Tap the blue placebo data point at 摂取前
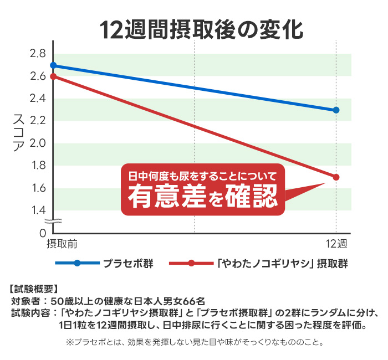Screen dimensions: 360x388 53,65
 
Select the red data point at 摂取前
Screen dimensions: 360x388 53,76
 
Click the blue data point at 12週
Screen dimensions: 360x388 336,110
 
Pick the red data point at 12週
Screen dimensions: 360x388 336,177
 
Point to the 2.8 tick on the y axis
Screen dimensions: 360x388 38,54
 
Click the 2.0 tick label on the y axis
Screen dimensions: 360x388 38,143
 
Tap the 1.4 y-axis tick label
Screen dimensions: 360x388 38,210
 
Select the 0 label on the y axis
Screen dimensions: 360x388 42,233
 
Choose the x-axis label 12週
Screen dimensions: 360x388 336,244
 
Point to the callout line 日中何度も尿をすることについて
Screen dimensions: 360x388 202,176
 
